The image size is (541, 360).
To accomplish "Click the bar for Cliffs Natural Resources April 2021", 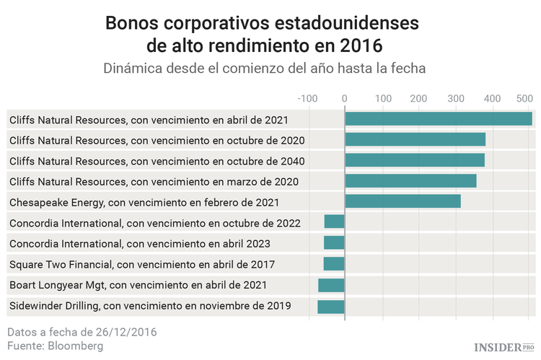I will tap(438, 119).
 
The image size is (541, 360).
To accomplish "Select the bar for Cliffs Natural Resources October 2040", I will tap(415, 160).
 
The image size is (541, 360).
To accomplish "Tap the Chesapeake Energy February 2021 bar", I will tap(403, 201).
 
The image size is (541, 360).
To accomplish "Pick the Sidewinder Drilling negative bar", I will tap(331, 307).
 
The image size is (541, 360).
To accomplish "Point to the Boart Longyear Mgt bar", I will tap(331, 286).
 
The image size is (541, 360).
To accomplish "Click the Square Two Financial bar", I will tap(334, 264).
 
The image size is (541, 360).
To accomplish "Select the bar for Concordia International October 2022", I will tap(334, 221).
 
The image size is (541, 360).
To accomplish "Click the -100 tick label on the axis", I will tap(307, 97).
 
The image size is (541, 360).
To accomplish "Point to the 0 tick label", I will tap(345, 97).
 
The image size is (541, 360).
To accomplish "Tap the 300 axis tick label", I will tap(455, 97).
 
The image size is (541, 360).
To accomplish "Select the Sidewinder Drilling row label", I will tap(150, 307).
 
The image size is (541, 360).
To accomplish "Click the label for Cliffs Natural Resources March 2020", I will tap(154, 181).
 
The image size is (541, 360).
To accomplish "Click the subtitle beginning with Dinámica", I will tap(264, 69).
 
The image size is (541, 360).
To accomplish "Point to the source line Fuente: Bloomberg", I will tap(56, 346).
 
